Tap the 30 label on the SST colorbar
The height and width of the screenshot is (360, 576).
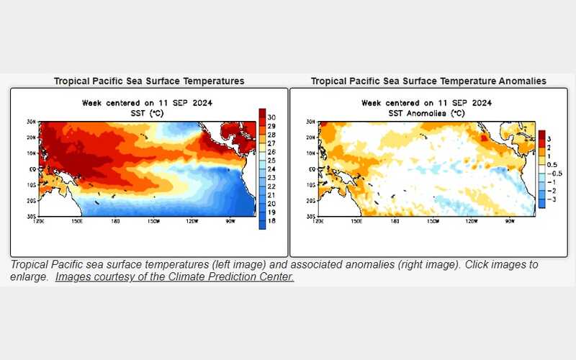point(271,117)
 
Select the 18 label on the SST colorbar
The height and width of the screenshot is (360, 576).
point(271,222)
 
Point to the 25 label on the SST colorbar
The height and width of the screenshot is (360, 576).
point(271,161)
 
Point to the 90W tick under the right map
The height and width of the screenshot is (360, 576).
point(510,221)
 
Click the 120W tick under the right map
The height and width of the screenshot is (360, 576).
point(470,221)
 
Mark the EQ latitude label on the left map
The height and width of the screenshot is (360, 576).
point(31,169)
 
